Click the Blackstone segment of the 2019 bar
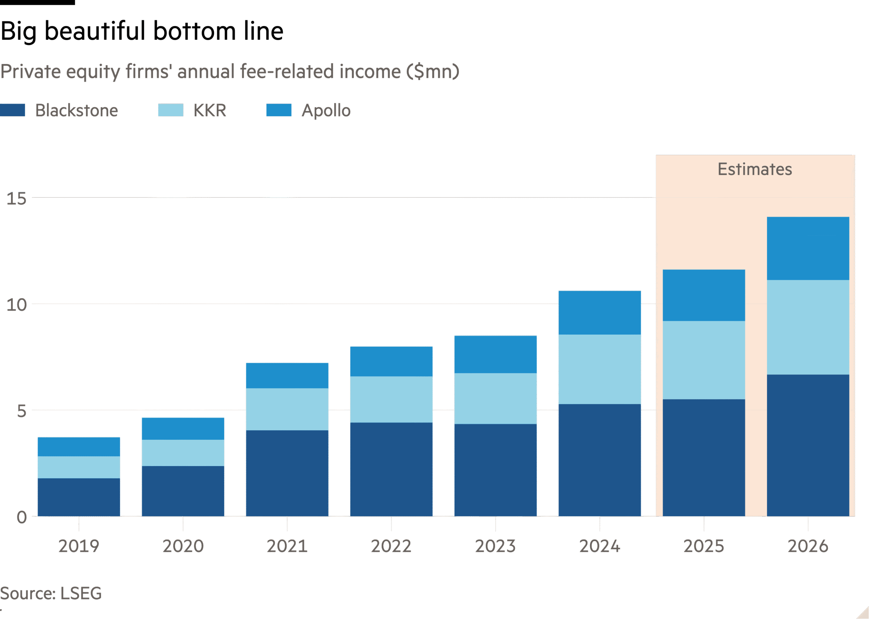pos(79,497)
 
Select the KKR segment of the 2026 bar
pos(808,327)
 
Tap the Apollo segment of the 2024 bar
pos(600,312)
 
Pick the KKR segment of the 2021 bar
pos(287,409)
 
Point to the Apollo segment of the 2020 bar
pos(183,428)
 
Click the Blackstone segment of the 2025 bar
pos(703,458)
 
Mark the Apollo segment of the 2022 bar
pos(391,362)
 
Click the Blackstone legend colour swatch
pos(13,110)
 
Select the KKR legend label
pos(210,110)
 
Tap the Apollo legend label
pos(326,110)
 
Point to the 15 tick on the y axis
pos(16,199)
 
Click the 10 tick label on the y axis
pos(16,305)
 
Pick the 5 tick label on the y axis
pos(22,411)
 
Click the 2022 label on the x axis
pos(391,546)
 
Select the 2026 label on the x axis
pos(808,546)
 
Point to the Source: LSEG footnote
pos(51,593)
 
